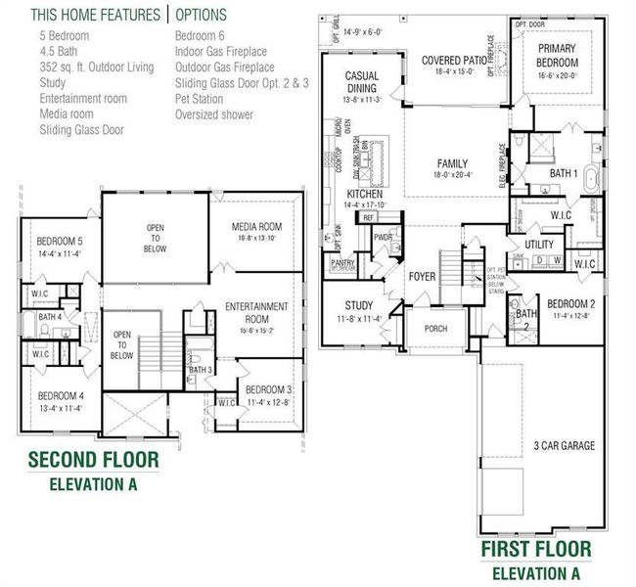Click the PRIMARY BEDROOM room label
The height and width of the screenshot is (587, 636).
point(557,56)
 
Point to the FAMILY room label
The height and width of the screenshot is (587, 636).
point(452,163)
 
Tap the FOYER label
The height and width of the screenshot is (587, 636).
point(422,277)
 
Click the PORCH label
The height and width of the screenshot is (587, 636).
point(435,329)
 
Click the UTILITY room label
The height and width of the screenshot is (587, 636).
point(539,245)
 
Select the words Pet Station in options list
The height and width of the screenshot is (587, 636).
point(201,98)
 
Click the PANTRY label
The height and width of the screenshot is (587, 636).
point(342,262)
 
